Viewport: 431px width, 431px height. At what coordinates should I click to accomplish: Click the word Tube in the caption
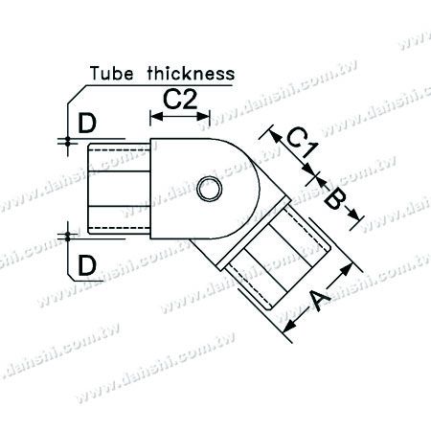(111, 74)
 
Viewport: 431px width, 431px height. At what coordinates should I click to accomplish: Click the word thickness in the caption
(191, 74)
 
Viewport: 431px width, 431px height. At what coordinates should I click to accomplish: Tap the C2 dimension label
(180, 100)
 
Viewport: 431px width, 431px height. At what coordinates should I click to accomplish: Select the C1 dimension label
(302, 142)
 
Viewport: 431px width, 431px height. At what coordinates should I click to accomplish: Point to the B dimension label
(334, 200)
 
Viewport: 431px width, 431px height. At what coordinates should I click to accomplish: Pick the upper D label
(87, 124)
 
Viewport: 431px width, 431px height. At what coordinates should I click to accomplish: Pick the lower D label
(87, 265)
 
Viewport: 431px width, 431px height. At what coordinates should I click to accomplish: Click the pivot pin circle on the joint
(209, 189)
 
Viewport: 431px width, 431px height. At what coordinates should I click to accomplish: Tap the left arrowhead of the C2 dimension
(156, 117)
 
